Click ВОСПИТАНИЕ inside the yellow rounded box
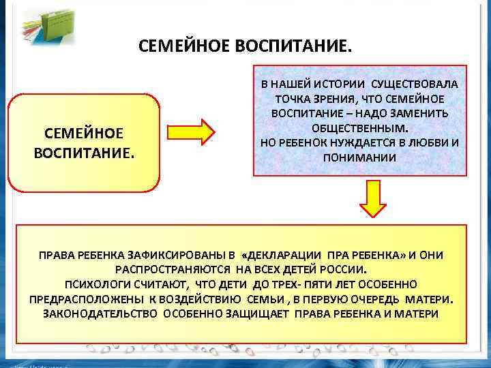[84, 149]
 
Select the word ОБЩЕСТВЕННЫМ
[360, 127]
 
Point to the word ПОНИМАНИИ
[359, 157]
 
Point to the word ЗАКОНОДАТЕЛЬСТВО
[93, 313]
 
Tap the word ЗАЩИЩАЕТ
[266, 313]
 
